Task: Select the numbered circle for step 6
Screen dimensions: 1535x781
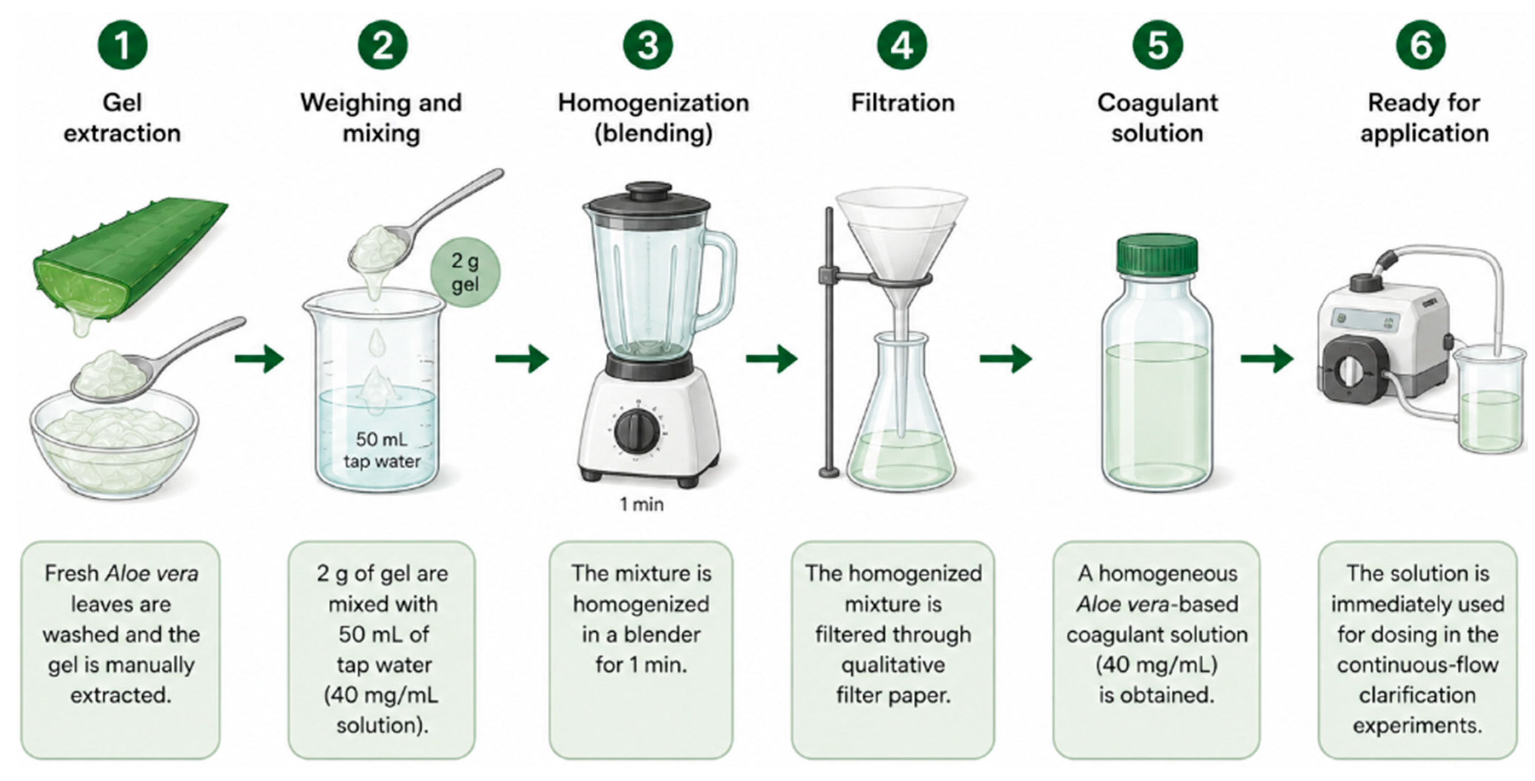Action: [x=1421, y=45]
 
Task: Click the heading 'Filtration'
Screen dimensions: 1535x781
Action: [x=903, y=102]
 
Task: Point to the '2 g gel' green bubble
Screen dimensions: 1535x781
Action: [x=465, y=273]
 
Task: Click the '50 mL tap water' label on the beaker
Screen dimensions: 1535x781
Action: [x=382, y=450]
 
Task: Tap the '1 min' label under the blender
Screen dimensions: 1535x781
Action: [x=641, y=504]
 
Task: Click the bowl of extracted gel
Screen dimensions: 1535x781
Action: [x=114, y=441]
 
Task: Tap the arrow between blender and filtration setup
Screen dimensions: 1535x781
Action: [x=772, y=358]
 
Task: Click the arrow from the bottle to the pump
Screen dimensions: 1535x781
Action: [x=1266, y=358]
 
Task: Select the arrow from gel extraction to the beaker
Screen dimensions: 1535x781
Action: [x=260, y=358]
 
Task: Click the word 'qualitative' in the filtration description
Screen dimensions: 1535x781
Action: [x=892, y=664]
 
